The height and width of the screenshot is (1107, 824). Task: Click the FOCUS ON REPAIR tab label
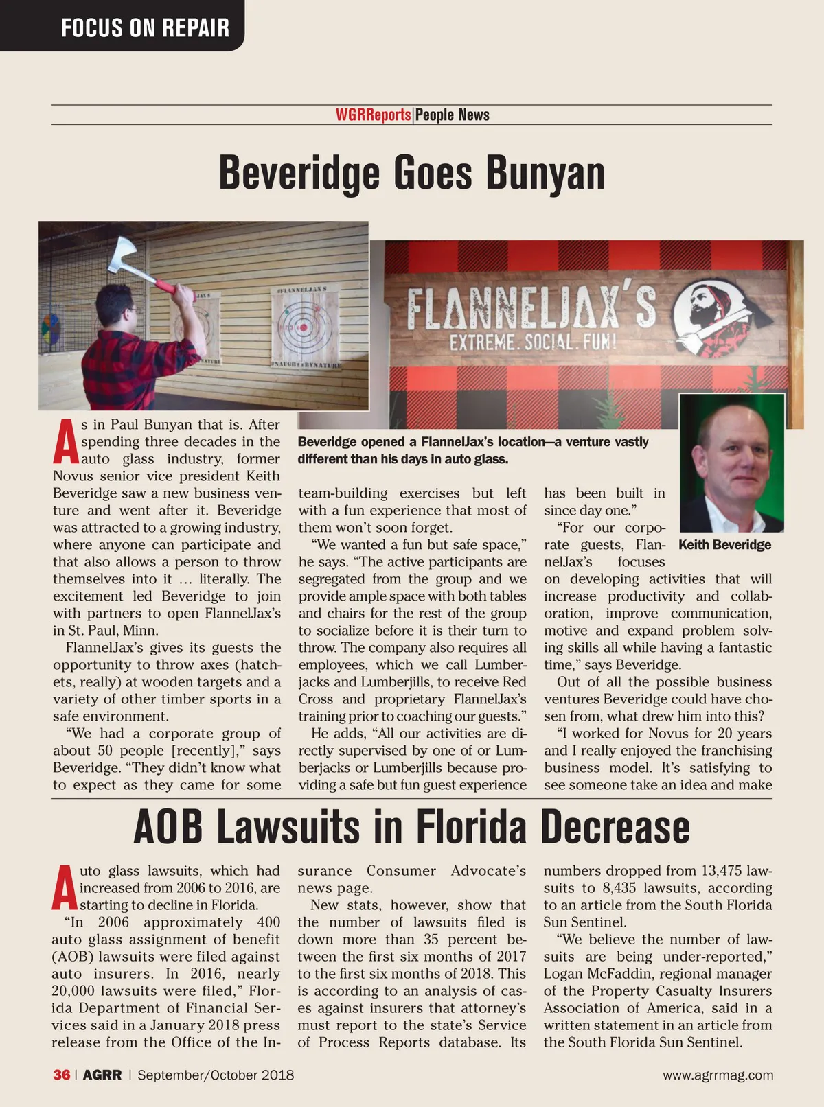pyautogui.click(x=145, y=27)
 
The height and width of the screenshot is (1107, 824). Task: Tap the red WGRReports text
pyautogui.click(x=373, y=115)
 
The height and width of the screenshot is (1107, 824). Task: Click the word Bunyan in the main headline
pyautogui.click(x=545, y=173)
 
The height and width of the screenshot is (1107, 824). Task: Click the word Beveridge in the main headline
pyautogui.click(x=299, y=173)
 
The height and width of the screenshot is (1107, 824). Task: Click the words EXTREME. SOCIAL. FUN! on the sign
pyautogui.click(x=533, y=341)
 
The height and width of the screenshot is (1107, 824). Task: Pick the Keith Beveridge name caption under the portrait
pyautogui.click(x=724, y=545)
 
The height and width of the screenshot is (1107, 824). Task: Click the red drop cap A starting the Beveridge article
pyautogui.click(x=65, y=443)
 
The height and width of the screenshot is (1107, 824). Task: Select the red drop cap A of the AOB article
pyautogui.click(x=64, y=889)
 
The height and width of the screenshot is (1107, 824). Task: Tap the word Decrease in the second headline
pyautogui.click(x=615, y=827)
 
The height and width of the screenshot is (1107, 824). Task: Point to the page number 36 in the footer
pyautogui.click(x=61, y=1075)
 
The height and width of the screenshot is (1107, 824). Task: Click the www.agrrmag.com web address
pyautogui.click(x=718, y=1075)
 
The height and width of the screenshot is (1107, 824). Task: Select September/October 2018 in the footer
pyautogui.click(x=216, y=1075)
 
